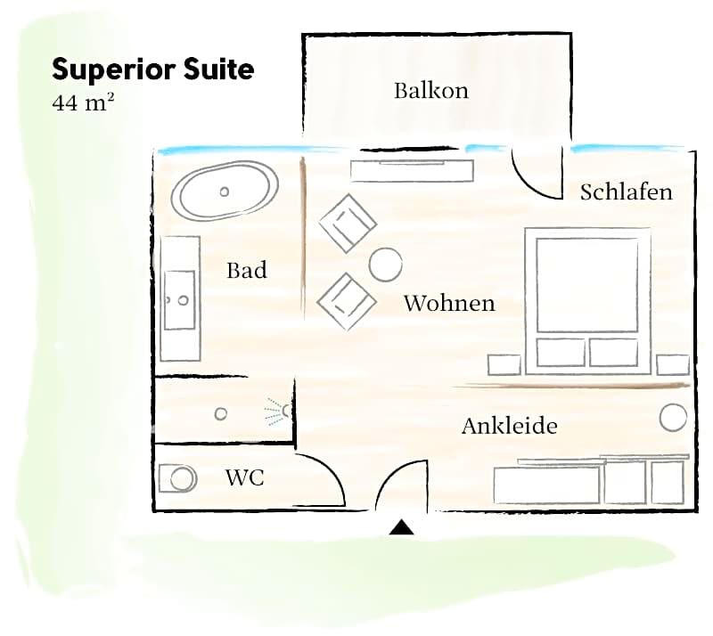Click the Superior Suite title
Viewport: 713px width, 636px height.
(152, 69)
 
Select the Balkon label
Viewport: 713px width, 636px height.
(430, 91)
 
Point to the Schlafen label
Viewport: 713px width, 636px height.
(626, 192)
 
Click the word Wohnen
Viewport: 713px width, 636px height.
(448, 303)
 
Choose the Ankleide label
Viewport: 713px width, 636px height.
(509, 426)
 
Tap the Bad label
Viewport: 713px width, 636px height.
(246, 270)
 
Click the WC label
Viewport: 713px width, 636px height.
(244, 478)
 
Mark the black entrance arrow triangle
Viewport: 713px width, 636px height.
(402, 527)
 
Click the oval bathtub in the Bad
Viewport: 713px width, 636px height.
(225, 191)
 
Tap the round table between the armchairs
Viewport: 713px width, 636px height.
(385, 264)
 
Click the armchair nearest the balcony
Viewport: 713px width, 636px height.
(347, 223)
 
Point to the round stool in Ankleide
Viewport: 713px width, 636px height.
(673, 417)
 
